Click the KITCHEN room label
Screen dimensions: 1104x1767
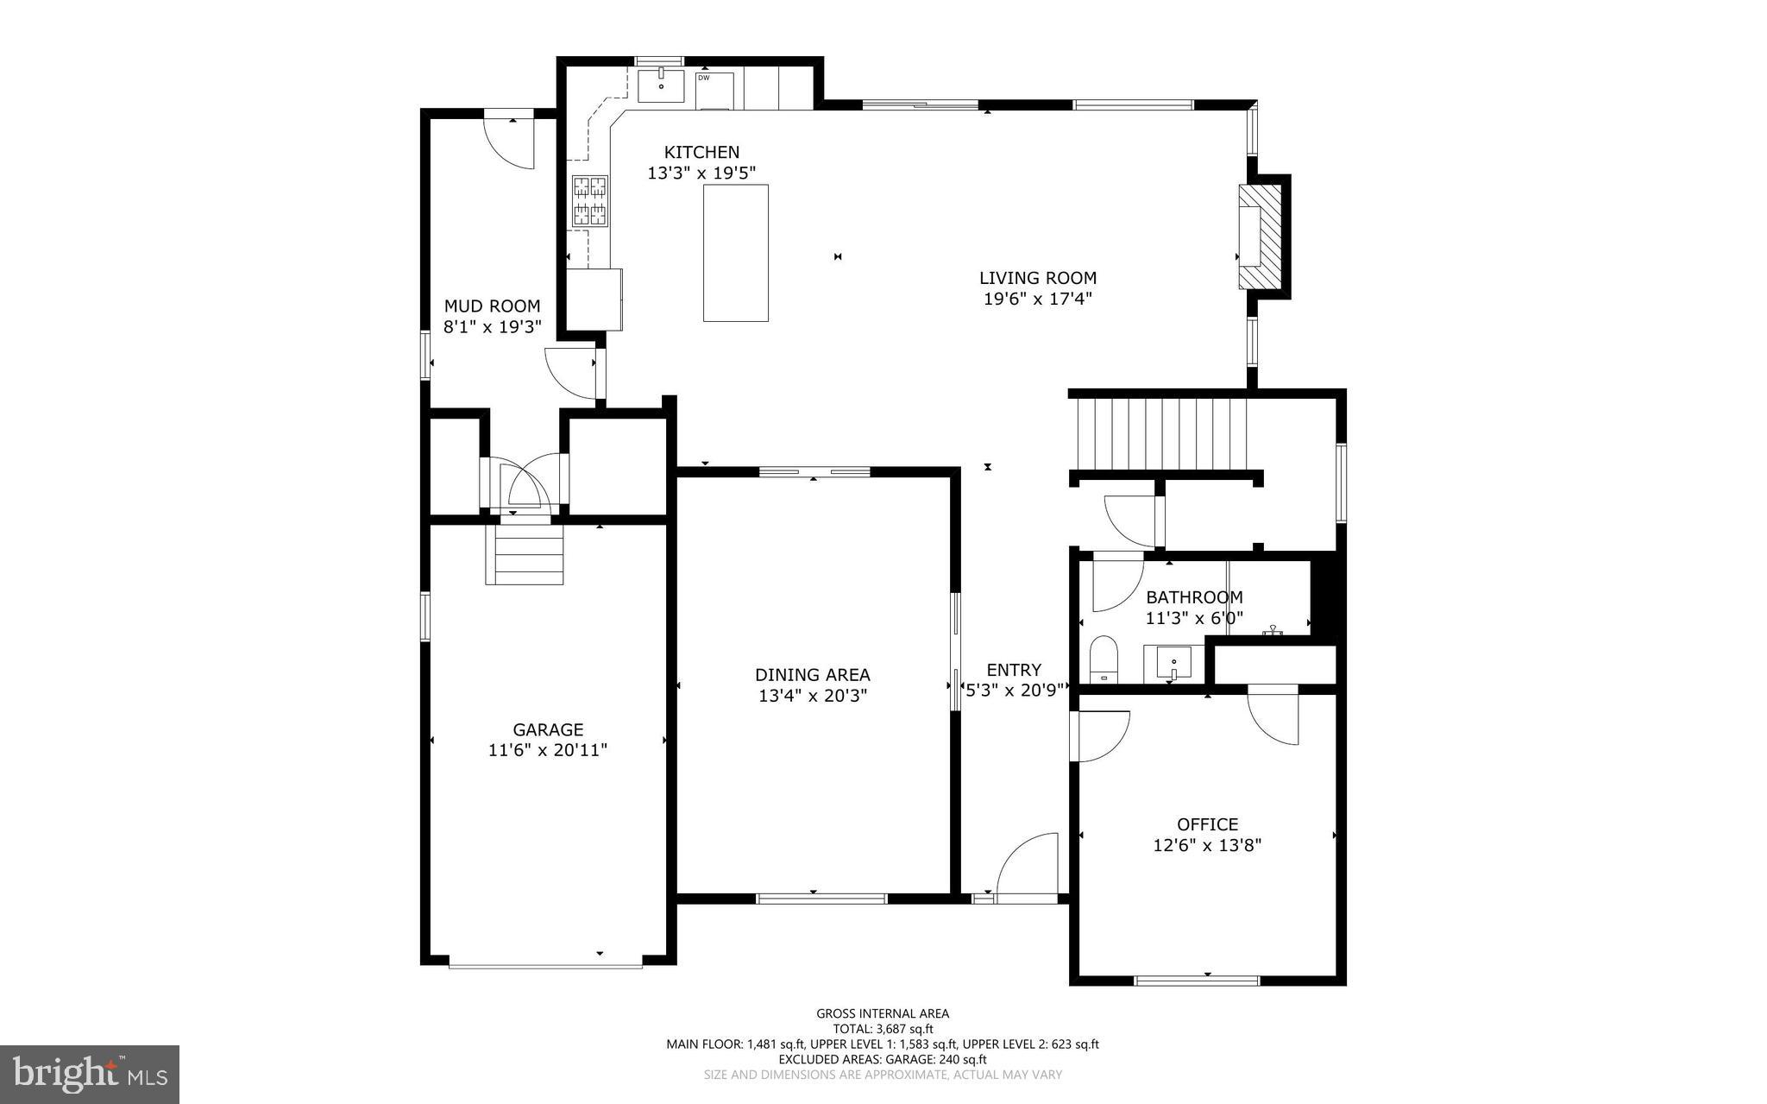pyautogui.click(x=701, y=152)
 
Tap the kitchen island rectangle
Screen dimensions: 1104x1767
pyautogui.click(x=735, y=253)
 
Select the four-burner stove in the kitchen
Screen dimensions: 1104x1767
pyautogui.click(x=590, y=201)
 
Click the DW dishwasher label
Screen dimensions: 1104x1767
pyautogui.click(x=703, y=79)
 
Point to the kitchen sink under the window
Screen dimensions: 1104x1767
pyautogui.click(x=661, y=86)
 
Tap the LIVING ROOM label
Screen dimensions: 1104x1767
pyautogui.click(x=1037, y=278)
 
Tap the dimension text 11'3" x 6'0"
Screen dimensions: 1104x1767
pyautogui.click(x=1193, y=618)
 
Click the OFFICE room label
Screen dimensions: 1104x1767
pyautogui.click(x=1207, y=824)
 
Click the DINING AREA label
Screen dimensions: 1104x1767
pyautogui.click(x=812, y=675)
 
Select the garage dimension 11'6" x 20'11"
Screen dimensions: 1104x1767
pyautogui.click(x=548, y=750)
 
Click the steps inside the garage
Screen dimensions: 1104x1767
pyautogui.click(x=525, y=554)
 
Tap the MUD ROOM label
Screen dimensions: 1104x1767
pyautogui.click(x=492, y=306)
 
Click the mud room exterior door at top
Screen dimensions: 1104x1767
pyautogui.click(x=509, y=142)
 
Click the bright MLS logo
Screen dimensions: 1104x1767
pyautogui.click(x=90, y=1074)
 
